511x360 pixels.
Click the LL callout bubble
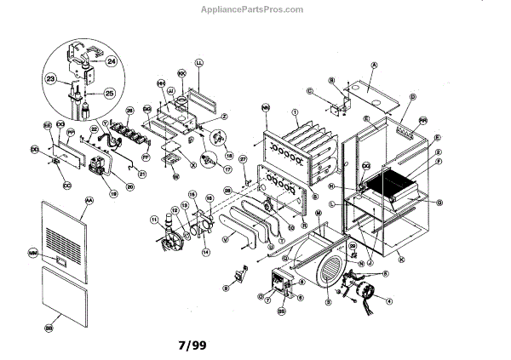coord(199,63)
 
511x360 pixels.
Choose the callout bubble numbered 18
coord(228,156)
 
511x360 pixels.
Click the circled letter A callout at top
coord(373,65)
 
